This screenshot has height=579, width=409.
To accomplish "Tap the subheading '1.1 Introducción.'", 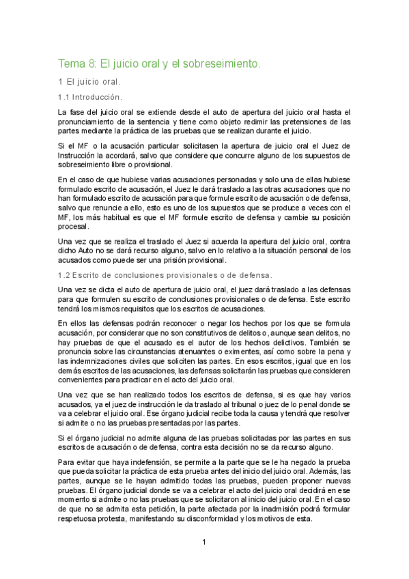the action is (x=90, y=98).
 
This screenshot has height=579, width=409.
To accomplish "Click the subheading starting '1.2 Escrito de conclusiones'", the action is (x=165, y=275).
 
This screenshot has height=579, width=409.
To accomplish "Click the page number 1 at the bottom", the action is (x=203, y=542).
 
